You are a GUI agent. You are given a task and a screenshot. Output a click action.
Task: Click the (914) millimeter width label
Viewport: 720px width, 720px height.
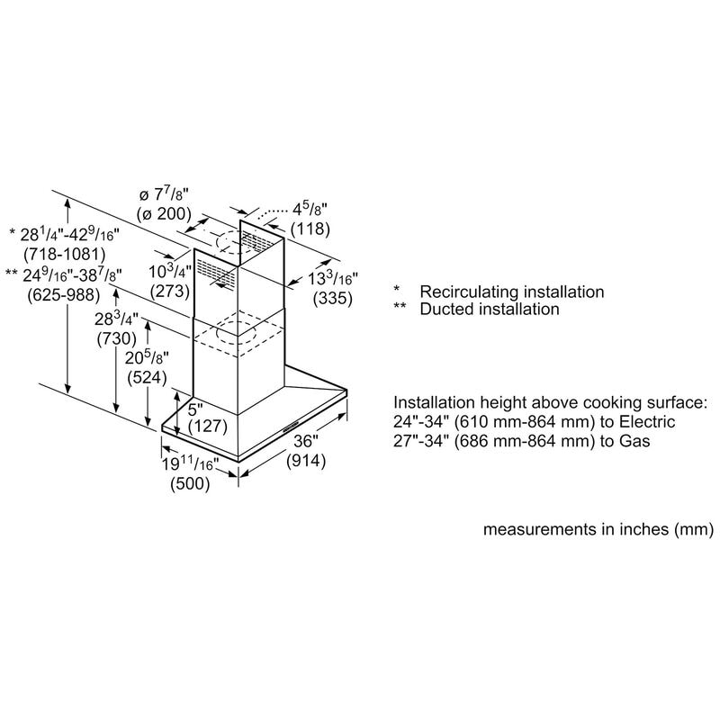pos(306,461)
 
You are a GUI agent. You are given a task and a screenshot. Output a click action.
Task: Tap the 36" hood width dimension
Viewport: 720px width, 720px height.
pos(306,441)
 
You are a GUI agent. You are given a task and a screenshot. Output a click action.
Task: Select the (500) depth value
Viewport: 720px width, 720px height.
pos(190,483)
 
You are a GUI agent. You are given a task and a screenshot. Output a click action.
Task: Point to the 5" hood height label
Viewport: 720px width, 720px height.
pos(195,409)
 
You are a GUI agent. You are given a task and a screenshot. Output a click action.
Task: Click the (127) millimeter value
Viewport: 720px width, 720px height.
pos(208,426)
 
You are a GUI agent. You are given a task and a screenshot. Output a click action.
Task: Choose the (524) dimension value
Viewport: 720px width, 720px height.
pos(147,377)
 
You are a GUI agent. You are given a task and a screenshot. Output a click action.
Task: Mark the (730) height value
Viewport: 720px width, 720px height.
pos(117,339)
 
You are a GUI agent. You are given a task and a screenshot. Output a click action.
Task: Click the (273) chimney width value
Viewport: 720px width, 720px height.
pos(170,291)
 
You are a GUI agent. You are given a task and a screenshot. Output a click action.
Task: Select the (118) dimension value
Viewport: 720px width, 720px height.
pos(310,229)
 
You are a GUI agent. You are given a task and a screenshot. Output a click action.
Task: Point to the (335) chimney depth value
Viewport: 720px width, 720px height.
pos(333,298)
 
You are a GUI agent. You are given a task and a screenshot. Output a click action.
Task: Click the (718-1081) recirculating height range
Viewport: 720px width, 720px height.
pos(64,254)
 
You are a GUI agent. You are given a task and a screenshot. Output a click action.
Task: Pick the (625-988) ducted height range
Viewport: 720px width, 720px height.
pos(63,294)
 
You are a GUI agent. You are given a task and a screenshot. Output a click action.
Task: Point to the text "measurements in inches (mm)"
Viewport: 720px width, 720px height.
pos(598,529)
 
